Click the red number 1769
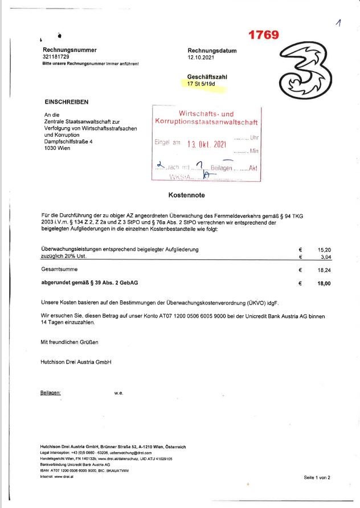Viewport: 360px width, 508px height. point(263,35)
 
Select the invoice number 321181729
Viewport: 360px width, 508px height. point(56,57)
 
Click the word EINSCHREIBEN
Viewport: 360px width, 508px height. point(67,102)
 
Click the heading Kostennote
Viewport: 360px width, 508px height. point(187,195)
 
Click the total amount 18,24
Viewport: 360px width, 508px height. point(324,270)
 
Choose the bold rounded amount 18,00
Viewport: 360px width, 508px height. point(324,283)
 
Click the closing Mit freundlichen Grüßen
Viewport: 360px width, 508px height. point(69,342)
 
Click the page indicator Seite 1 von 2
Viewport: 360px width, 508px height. point(317,477)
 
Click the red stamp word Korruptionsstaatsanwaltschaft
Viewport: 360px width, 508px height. point(206,122)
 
